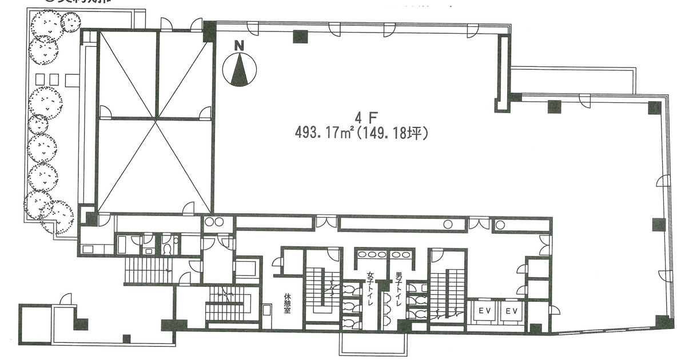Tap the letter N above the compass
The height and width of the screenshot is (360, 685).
[240, 45]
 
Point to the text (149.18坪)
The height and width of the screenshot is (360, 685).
[395, 133]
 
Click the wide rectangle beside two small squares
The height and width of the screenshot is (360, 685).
[73, 79]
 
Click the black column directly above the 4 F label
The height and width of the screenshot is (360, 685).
[300, 37]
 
